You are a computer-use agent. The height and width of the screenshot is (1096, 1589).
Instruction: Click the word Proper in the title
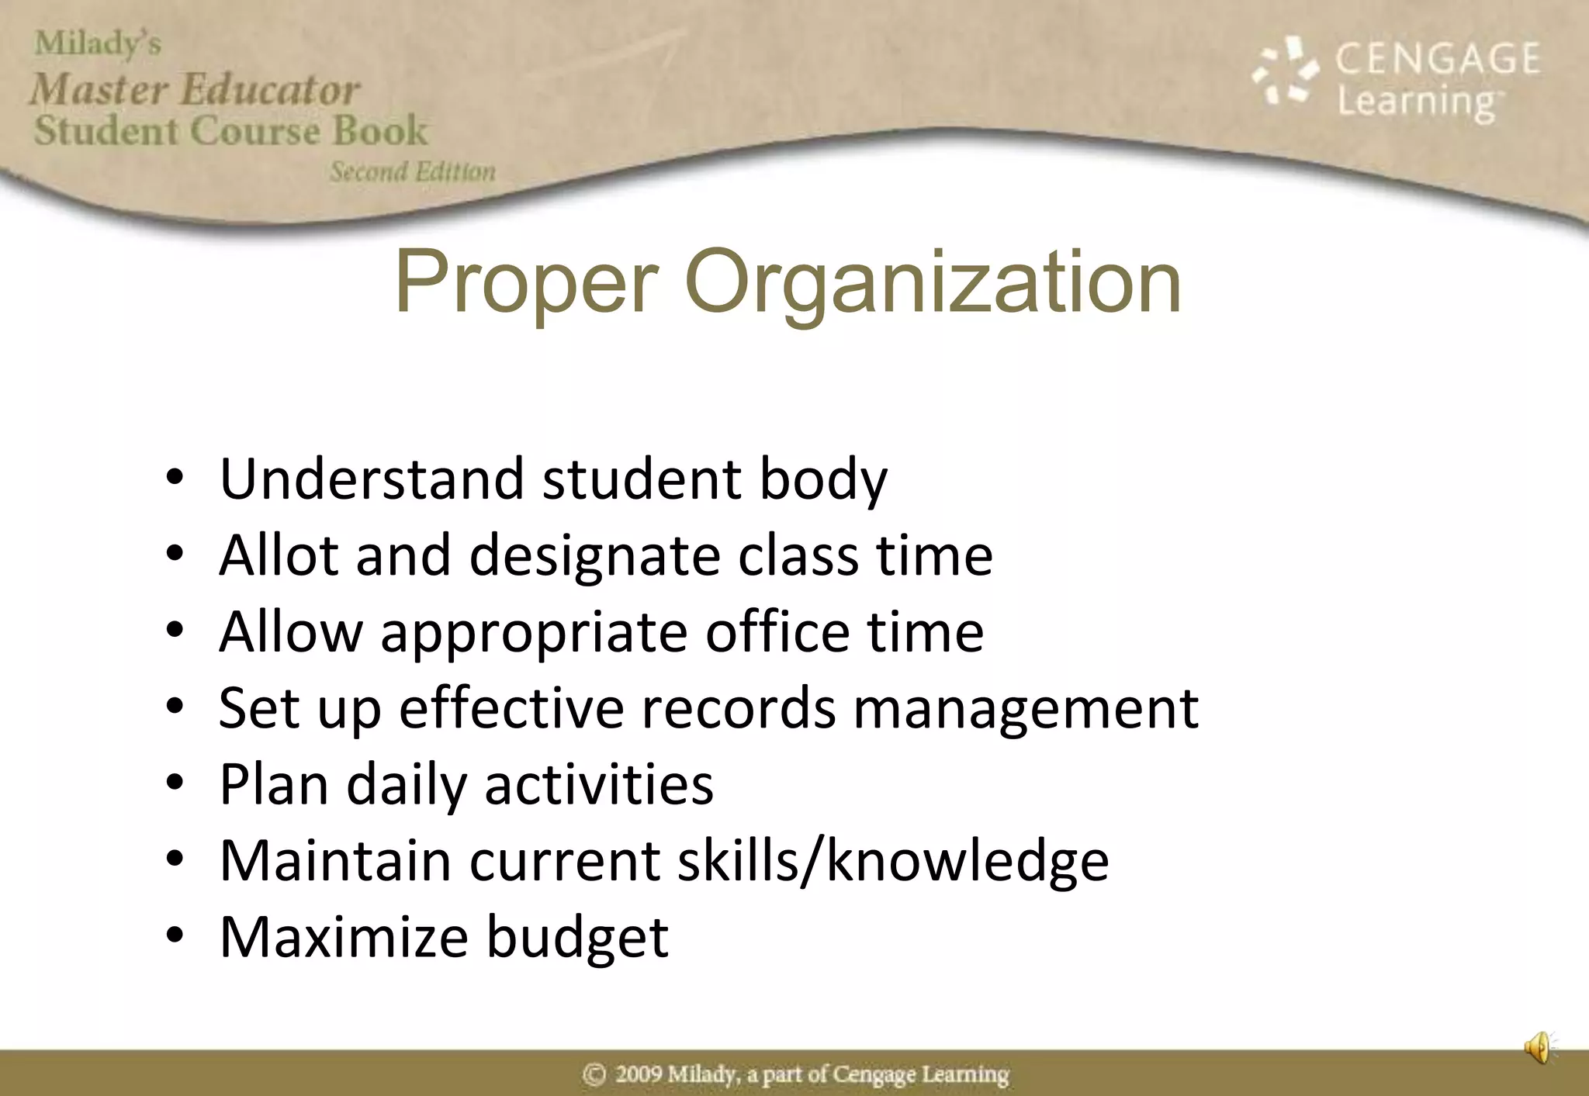[x=526, y=284]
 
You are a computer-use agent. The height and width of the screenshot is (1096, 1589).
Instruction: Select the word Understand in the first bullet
[x=372, y=479]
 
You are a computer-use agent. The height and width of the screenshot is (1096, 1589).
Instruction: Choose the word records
[x=739, y=708]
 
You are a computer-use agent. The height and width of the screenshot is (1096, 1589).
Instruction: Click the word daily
[x=407, y=786]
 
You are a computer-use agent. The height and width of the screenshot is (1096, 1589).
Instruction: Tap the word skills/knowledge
[x=893, y=861]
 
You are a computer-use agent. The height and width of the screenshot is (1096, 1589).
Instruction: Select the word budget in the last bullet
[x=577, y=938]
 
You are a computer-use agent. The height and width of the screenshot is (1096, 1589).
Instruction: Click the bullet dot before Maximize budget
[x=175, y=935]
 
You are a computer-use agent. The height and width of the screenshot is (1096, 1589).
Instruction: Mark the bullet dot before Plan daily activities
[x=175, y=783]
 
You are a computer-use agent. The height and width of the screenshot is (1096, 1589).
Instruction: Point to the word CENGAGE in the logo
[x=1437, y=59]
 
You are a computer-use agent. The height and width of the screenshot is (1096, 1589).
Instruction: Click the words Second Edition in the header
[x=412, y=171]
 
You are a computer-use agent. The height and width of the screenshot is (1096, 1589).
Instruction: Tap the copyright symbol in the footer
[x=594, y=1074]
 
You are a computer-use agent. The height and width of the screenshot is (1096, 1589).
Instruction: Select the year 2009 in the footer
[x=639, y=1074]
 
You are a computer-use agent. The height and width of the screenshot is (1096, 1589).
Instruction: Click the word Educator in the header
[x=270, y=90]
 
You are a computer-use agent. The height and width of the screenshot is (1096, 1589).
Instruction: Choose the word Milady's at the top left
[x=98, y=43]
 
